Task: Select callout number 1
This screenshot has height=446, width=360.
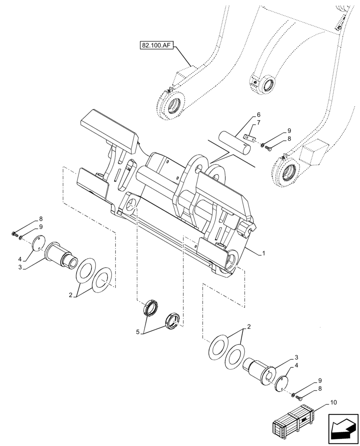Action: pos(264,253)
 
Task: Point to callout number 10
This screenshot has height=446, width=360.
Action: pos(334,403)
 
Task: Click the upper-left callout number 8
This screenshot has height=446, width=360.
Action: pos(41,219)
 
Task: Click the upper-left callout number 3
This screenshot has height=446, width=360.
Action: pos(20,267)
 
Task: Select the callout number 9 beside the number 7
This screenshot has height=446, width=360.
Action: pos(289,130)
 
